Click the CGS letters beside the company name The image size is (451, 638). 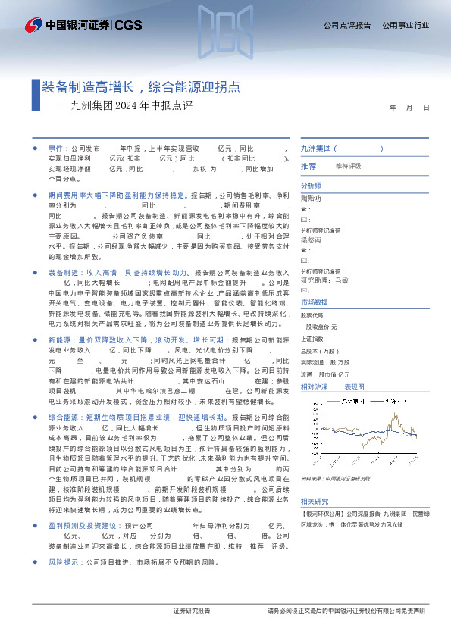click(127, 25)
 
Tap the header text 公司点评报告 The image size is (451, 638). click(347, 25)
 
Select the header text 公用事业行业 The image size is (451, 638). click(406, 25)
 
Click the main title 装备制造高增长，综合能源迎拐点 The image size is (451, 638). click(142, 88)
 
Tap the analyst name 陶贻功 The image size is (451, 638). click(312, 199)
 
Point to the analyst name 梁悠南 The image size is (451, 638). click(312, 239)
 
